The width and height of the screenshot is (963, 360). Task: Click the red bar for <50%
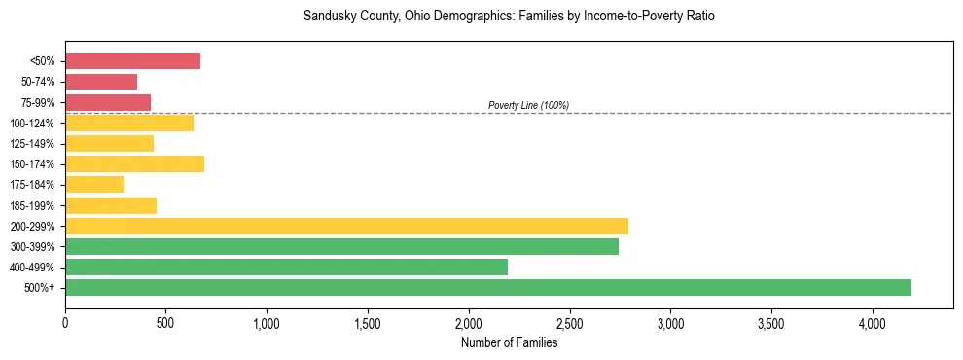pos(132,61)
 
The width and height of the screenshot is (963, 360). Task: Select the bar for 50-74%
pos(101,82)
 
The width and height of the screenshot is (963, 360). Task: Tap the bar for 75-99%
pos(108,102)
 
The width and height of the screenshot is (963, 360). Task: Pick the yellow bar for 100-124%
pos(129,123)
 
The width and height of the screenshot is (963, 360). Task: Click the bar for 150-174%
pos(134,163)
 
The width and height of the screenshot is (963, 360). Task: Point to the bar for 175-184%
pos(94,184)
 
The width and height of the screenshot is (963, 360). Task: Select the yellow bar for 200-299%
pos(346,226)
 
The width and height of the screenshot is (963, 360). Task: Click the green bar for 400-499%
pos(286,267)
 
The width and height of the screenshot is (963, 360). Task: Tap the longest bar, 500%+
pos(487,287)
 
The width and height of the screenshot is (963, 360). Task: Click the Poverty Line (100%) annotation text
pos(528,105)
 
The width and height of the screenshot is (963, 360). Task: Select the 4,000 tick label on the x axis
pos(872,321)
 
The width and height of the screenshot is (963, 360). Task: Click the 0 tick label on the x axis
pos(65,321)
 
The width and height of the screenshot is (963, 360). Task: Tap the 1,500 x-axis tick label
pos(368,321)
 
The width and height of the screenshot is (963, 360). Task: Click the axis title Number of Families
pos(509,342)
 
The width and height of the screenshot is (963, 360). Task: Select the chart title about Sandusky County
pos(509,17)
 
